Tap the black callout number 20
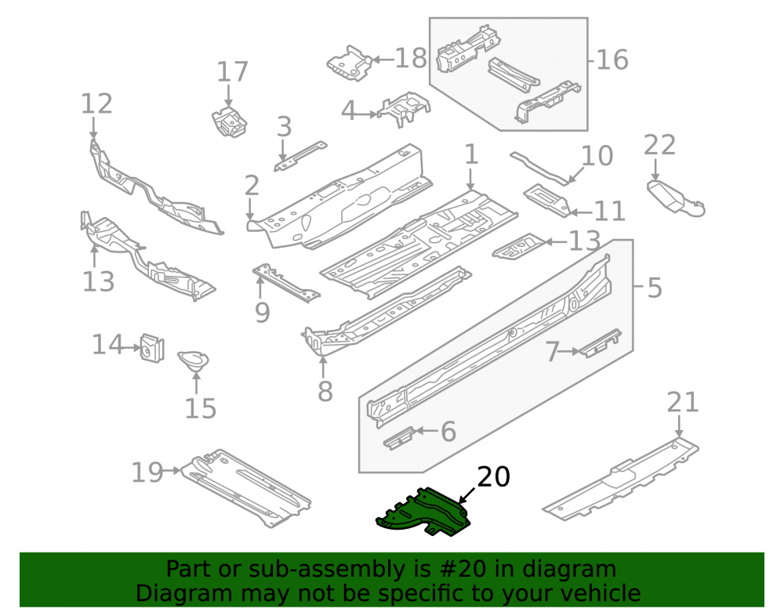(x=493, y=476)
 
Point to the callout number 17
(x=232, y=71)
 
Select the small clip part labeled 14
(x=152, y=348)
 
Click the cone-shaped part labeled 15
(x=194, y=360)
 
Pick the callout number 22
(x=659, y=145)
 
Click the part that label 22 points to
(x=676, y=199)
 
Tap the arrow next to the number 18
(x=383, y=60)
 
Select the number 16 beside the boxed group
(x=612, y=60)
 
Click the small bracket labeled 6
(x=398, y=439)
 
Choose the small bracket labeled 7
(x=600, y=343)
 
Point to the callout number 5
(x=655, y=288)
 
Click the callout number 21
(x=683, y=403)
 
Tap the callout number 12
(x=96, y=104)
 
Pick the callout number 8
(x=325, y=391)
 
